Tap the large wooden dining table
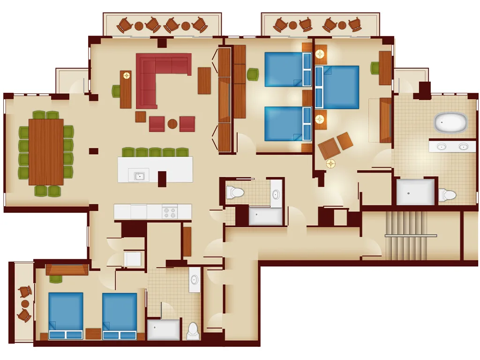click(46, 152)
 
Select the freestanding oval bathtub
click(450, 122)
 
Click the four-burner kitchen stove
click(170, 212)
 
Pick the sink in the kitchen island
click(139, 176)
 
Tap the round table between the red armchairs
click(172, 124)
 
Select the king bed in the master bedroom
click(338, 87)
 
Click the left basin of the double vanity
click(441, 147)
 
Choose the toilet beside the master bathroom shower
click(448, 195)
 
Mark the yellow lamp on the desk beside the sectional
click(126, 75)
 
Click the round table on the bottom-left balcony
click(25, 303)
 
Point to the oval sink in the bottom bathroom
click(195, 280)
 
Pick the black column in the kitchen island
click(162, 178)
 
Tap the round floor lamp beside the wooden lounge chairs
click(331, 163)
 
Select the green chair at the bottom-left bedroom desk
click(56, 279)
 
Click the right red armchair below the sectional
click(187, 124)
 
